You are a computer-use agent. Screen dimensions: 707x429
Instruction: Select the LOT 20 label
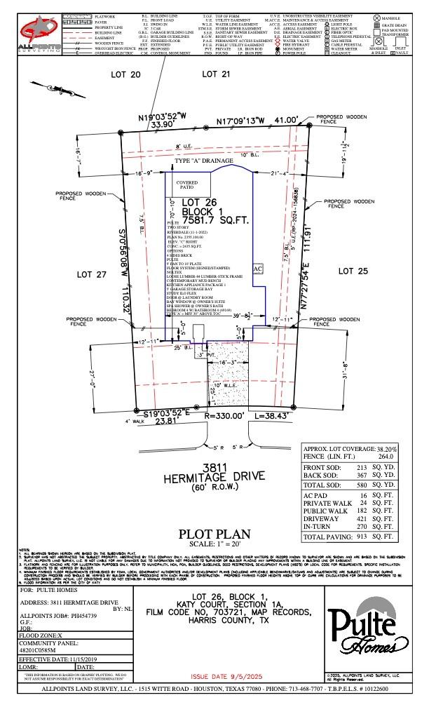click(x=127, y=74)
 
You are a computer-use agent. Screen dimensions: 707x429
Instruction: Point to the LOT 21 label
click(x=216, y=74)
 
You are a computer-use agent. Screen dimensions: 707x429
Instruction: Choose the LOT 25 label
click(x=353, y=271)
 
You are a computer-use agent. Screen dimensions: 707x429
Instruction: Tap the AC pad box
click(x=257, y=269)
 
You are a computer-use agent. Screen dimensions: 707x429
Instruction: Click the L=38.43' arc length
click(x=278, y=416)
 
